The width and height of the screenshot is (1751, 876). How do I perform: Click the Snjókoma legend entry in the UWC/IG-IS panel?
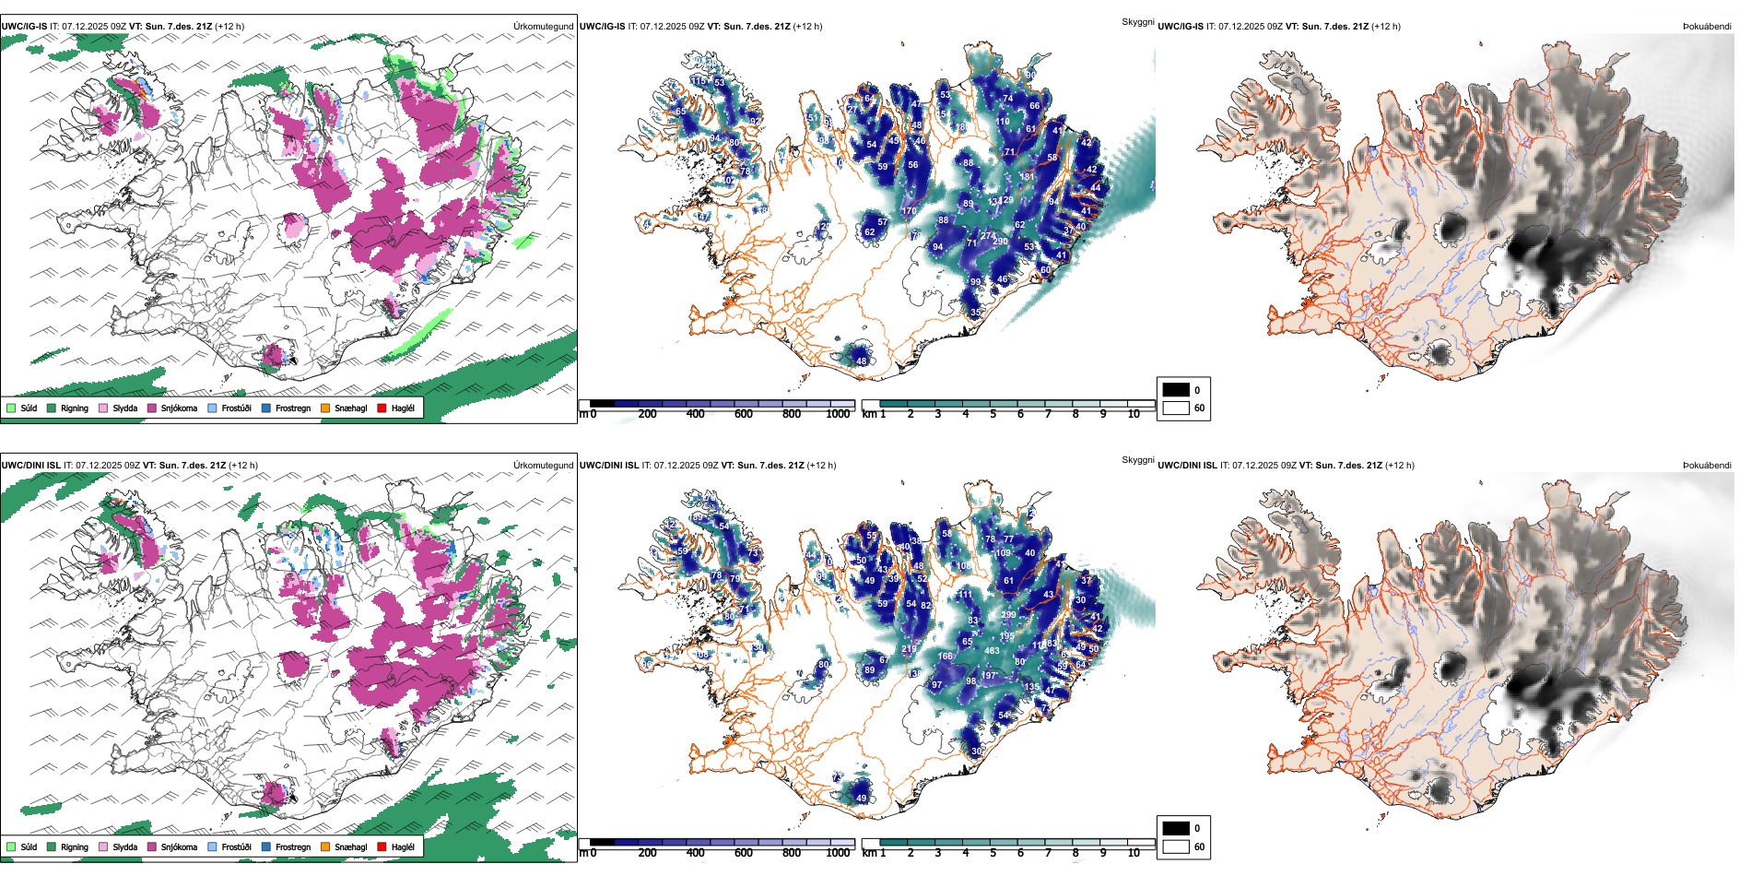tap(178, 408)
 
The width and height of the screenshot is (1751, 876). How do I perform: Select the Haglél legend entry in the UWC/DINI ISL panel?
tap(402, 846)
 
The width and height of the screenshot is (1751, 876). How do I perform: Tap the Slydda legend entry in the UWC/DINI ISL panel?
tap(124, 846)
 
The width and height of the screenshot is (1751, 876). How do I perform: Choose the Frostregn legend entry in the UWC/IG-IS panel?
tap(292, 408)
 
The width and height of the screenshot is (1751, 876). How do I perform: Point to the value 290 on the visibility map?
tap(1000, 242)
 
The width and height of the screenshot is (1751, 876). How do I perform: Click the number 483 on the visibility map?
tap(992, 651)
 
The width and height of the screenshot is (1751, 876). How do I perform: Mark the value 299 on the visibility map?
tap(1008, 615)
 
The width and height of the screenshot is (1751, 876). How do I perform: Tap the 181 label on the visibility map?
tap(1027, 177)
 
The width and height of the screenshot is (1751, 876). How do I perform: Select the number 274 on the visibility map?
tap(987, 236)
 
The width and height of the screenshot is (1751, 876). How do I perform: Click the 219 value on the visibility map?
tap(909, 649)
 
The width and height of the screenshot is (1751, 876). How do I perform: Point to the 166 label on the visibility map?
tap(946, 657)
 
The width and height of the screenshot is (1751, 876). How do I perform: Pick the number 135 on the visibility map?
tap(1031, 687)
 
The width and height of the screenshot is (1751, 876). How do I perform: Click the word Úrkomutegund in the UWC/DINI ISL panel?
tap(543, 465)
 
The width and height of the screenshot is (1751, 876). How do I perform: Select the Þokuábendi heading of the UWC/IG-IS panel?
tap(1707, 27)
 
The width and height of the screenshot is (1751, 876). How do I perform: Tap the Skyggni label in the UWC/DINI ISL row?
tap(1137, 460)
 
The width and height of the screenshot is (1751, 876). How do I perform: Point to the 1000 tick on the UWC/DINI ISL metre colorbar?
tap(838, 853)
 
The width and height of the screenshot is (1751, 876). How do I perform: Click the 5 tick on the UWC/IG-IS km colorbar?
tap(993, 414)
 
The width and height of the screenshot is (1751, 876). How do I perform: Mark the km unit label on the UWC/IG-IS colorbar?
tap(869, 414)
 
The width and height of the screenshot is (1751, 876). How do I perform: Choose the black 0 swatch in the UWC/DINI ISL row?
tap(1176, 828)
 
